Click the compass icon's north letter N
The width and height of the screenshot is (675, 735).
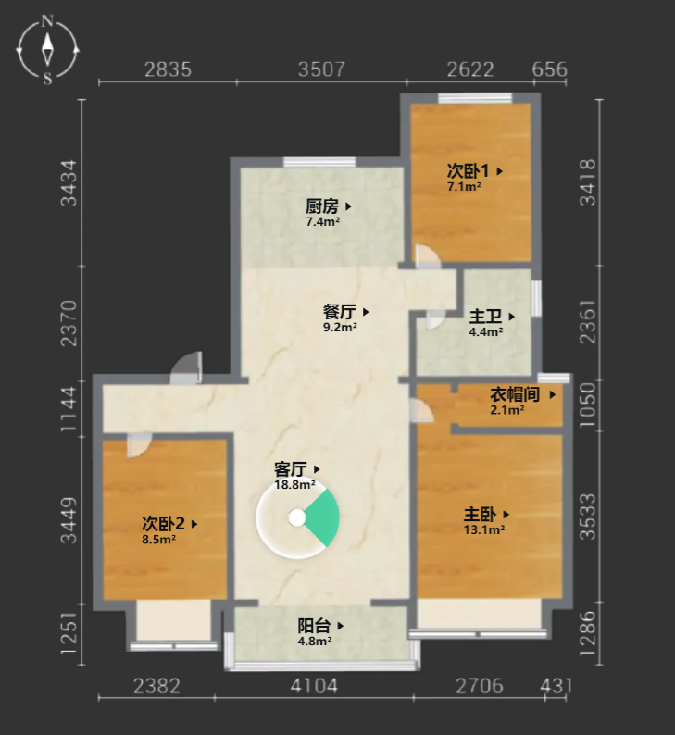tap(47, 21)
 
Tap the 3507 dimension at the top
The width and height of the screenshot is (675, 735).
tap(321, 69)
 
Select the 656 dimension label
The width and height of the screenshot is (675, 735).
tap(549, 69)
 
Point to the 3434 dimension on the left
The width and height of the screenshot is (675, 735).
tap(69, 182)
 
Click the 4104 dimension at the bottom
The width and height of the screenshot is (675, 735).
tap(314, 686)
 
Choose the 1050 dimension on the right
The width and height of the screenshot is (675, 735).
tap(588, 405)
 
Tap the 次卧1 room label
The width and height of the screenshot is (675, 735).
tap(468, 170)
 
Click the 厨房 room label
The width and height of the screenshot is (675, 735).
tap(322, 206)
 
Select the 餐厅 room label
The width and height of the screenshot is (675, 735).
tap(340, 312)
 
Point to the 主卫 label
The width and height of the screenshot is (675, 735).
tap(485, 317)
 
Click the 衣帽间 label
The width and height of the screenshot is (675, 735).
tap(515, 394)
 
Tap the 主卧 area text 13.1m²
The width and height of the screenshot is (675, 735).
tap(484, 530)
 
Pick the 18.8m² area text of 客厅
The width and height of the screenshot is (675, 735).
tap(294, 485)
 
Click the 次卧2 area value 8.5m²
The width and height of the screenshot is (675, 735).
tap(159, 540)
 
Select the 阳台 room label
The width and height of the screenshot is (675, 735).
tap(315, 626)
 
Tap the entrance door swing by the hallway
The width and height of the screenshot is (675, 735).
tap(186, 367)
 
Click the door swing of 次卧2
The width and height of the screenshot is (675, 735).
tap(139, 445)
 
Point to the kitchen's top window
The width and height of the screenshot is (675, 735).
tap(319, 162)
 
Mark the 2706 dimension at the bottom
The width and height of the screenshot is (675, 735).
tap(479, 686)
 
